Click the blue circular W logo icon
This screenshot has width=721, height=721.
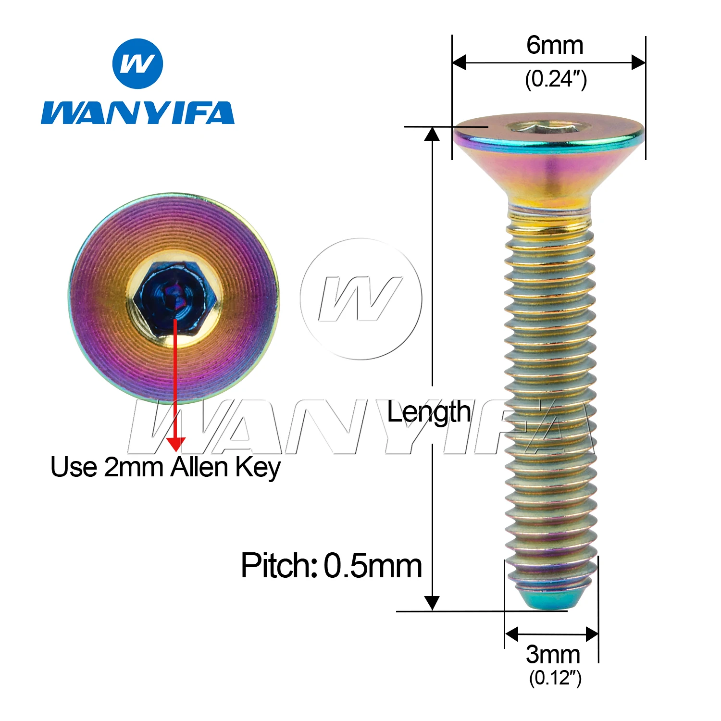tap(137, 64)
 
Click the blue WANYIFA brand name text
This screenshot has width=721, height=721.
tap(137, 113)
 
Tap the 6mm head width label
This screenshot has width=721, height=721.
tap(555, 46)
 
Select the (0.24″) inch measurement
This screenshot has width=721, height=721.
tap(556, 79)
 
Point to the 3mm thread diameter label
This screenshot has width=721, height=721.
tap(553, 654)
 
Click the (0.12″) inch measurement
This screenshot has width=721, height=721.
tap(555, 678)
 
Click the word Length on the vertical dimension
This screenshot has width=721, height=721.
tap(429, 412)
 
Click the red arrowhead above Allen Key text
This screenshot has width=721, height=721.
tap(176, 444)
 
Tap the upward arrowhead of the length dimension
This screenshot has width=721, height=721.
tap(432, 134)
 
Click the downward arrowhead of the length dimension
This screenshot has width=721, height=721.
tap(432, 603)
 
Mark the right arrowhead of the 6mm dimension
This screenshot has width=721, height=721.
tap(638, 62)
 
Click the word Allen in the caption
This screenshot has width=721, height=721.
tap(199, 467)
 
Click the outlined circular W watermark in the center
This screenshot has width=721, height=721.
tap(361, 299)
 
